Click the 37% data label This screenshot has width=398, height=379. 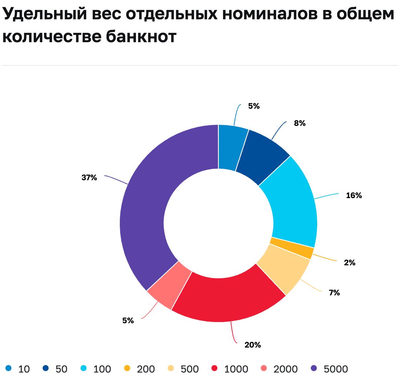tap(89, 177)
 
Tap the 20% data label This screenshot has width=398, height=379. tap(252, 345)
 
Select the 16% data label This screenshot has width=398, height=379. tap(354, 196)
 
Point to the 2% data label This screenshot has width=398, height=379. tap(349, 263)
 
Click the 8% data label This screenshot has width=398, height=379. tap(300, 123)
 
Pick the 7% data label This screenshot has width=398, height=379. tap(334, 293)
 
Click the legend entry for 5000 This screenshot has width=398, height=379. tap(329, 369)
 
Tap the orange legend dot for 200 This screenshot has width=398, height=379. tap(127, 368)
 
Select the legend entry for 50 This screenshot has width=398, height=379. tap(55, 369)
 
